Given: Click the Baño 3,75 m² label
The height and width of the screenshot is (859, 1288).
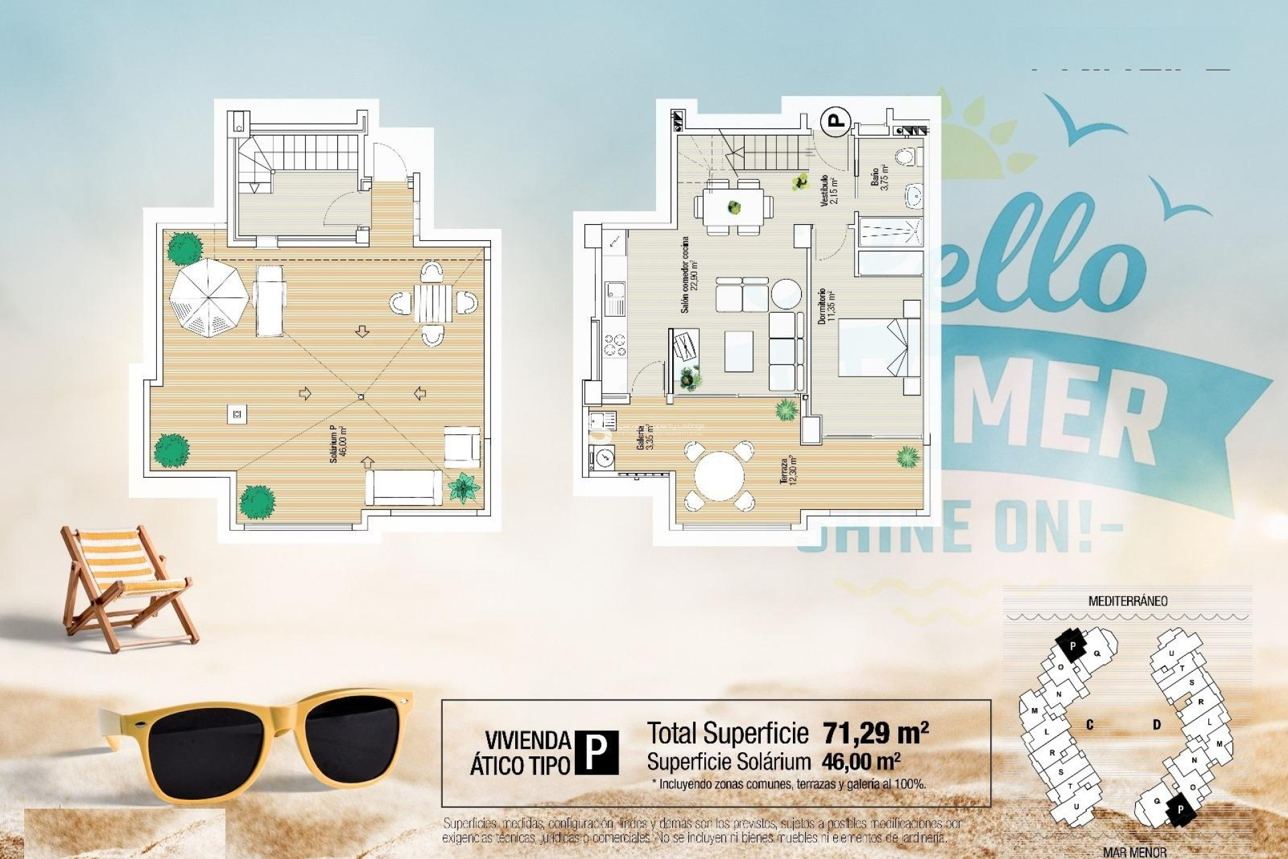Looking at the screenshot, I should [879, 178].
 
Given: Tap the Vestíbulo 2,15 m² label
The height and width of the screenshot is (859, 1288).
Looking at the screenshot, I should [828, 190].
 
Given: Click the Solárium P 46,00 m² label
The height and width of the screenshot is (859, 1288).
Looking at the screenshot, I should [337, 444].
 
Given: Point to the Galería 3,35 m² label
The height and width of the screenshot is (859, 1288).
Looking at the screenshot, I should [645, 436].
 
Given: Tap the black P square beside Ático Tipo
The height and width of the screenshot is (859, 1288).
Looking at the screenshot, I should [597, 752].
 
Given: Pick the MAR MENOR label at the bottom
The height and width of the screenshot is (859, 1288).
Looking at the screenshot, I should [1134, 852].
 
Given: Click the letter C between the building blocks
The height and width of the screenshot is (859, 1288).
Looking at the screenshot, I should [1089, 725].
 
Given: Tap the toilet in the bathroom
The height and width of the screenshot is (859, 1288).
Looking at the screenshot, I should [909, 157].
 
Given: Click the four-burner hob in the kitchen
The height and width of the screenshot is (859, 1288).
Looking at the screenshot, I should [614, 344].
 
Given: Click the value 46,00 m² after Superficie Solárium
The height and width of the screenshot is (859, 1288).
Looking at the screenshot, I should [861, 762].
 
